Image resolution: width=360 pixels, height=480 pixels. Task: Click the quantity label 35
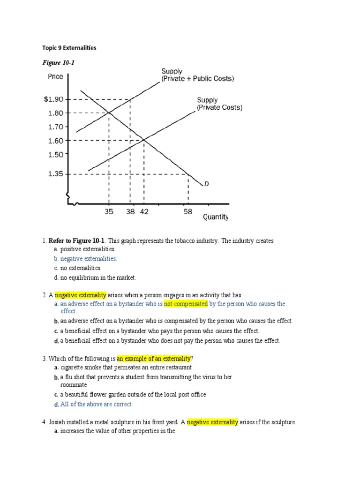(109, 212)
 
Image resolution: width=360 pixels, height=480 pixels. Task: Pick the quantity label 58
(188, 212)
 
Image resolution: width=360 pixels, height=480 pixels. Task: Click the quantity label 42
(144, 212)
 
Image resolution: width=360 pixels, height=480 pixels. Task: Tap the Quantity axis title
(216, 217)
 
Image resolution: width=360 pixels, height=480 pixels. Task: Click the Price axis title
(55, 76)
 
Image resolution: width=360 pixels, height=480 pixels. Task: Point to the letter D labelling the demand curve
(206, 184)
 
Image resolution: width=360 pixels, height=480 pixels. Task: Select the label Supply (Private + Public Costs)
(197, 75)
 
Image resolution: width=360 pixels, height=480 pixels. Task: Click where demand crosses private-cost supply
(143, 140)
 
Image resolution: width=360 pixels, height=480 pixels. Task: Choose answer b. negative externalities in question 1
(85, 259)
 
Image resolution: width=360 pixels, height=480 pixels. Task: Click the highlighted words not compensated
(186, 304)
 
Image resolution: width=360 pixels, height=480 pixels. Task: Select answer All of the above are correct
(96, 404)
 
